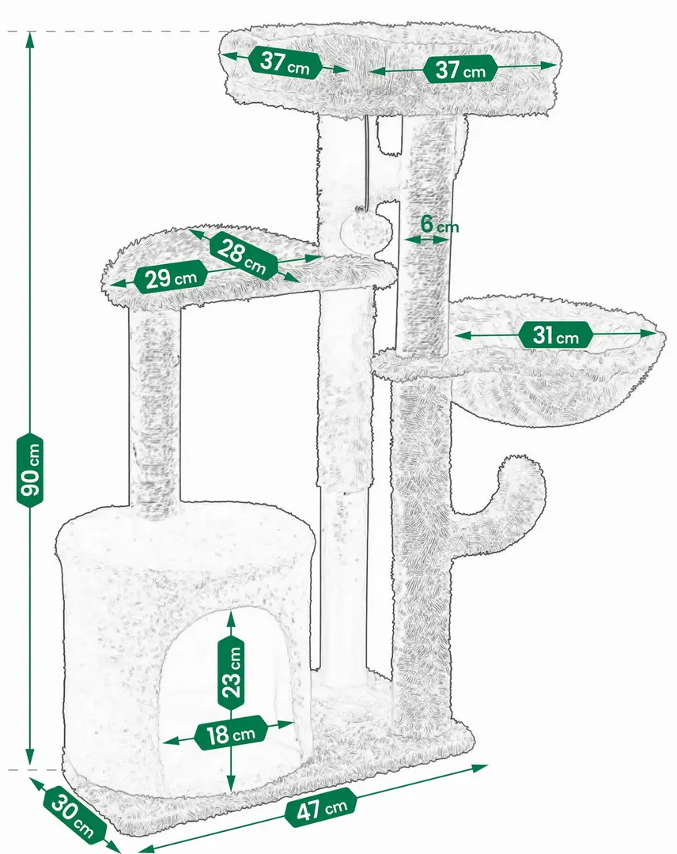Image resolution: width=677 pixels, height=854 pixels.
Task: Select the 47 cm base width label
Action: [321, 807]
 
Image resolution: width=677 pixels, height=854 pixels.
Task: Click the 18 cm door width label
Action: [231, 733]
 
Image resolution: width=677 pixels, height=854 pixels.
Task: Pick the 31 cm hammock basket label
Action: [556, 335]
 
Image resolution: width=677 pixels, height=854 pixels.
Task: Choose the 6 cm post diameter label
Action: [440, 225]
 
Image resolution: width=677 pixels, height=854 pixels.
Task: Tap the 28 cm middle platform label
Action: [243, 255]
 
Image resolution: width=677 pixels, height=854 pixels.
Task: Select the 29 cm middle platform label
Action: [172, 278]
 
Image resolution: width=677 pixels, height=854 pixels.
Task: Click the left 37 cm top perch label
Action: [285, 63]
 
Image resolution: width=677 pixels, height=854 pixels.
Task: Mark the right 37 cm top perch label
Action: [460, 69]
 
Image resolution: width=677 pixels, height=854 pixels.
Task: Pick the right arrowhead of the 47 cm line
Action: [479, 768]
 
